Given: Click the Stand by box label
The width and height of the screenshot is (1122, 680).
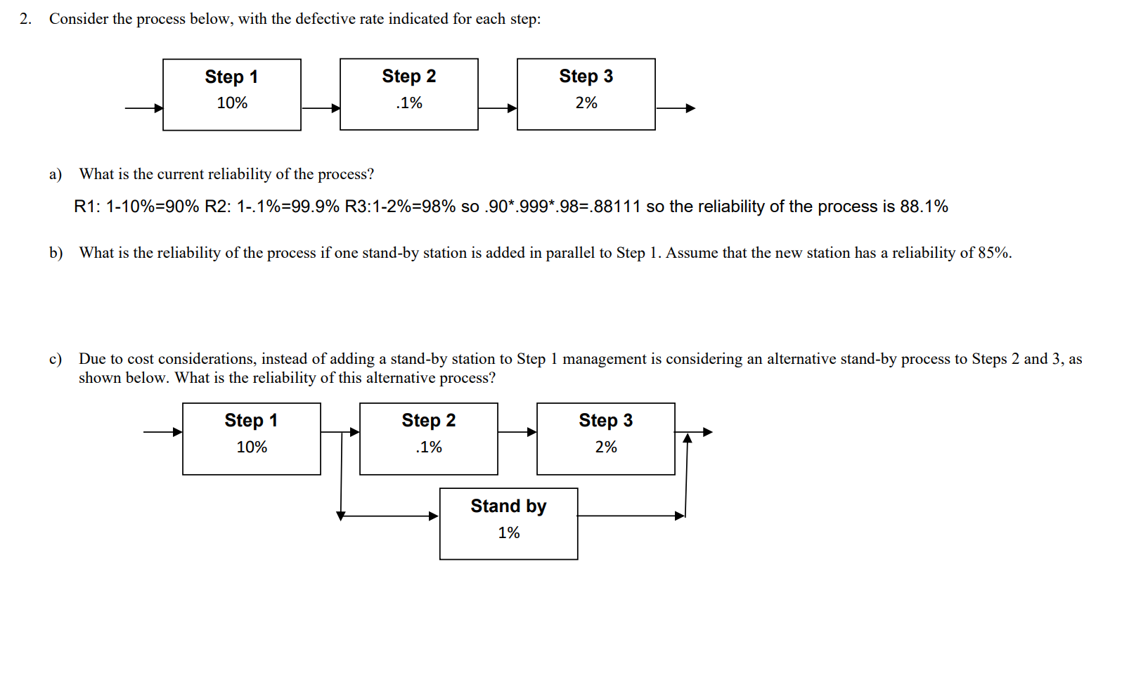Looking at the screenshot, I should tap(508, 506).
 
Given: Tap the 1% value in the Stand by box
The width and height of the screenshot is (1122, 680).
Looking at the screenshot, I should tap(508, 533).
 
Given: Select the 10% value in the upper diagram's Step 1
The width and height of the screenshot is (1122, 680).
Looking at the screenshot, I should tap(232, 103).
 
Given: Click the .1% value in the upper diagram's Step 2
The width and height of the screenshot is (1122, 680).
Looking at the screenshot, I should tap(409, 103).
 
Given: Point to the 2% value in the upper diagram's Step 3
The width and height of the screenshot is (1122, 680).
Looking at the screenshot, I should tap(586, 103).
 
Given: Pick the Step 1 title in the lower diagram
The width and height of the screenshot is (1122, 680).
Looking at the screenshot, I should tap(251, 421).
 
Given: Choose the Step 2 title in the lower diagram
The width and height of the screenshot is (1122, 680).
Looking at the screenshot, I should tap(428, 421).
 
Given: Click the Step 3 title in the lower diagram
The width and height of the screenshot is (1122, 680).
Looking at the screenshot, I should tap(605, 421).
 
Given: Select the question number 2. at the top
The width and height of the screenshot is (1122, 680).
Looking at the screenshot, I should tap(26, 19).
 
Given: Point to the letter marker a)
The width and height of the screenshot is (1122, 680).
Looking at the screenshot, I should tap(56, 174).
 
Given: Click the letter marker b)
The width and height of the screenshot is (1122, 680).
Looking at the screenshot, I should tap(56, 253).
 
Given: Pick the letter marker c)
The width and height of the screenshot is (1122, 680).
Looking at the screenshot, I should tap(56, 359).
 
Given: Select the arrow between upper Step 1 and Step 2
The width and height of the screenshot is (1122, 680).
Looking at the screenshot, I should tap(321, 108).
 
